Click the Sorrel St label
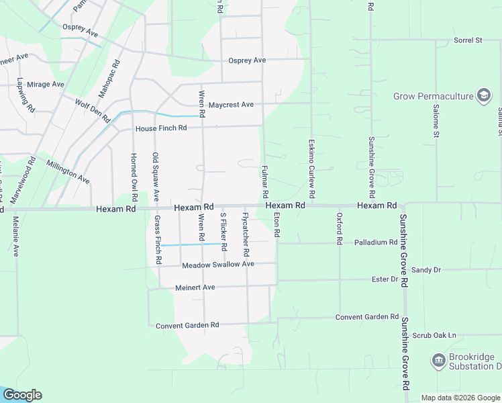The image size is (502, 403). coord(468,40)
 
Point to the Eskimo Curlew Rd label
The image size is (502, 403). coord(311,163)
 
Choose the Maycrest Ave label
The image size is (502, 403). coord(231,105)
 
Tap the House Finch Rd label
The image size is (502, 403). coord(160,128)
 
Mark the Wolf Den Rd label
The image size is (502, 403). coord(92,111)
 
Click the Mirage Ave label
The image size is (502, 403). coord(46,85)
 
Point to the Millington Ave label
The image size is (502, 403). coord(68,171)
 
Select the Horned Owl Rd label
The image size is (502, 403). coord(134,173)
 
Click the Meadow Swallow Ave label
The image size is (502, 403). coord(218,265)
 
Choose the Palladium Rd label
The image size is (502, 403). coord(376,242)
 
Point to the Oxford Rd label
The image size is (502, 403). coord(340,228)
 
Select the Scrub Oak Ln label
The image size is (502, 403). coord(434,335)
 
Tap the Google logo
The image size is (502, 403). coord(22,395)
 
